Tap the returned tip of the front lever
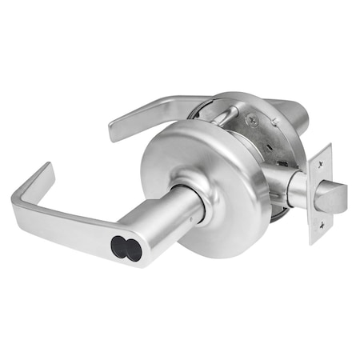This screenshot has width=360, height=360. click(45, 173)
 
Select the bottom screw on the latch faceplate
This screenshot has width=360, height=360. click(314, 230)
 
